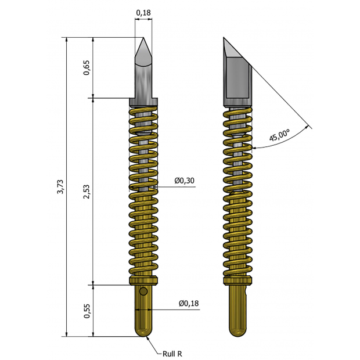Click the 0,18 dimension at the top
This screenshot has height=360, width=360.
tap(143, 12)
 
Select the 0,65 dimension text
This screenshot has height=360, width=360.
tap(87, 68)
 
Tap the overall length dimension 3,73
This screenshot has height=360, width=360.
tap(60, 188)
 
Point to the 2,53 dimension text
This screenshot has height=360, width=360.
tap(87, 191)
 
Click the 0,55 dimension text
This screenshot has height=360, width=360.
tap(87, 311)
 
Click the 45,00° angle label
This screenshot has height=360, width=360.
tap(280, 136)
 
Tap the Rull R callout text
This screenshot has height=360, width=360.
tap(173, 352)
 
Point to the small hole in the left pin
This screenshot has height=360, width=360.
tap(143, 290)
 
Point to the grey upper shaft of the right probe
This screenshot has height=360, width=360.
tap(238, 78)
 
